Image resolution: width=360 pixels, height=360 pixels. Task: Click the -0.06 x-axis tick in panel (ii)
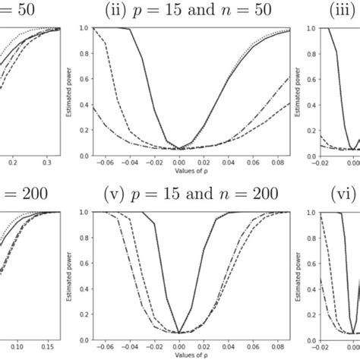click(x=108, y=162)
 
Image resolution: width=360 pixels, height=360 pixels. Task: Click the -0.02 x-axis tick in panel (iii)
click(x=312, y=162)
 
